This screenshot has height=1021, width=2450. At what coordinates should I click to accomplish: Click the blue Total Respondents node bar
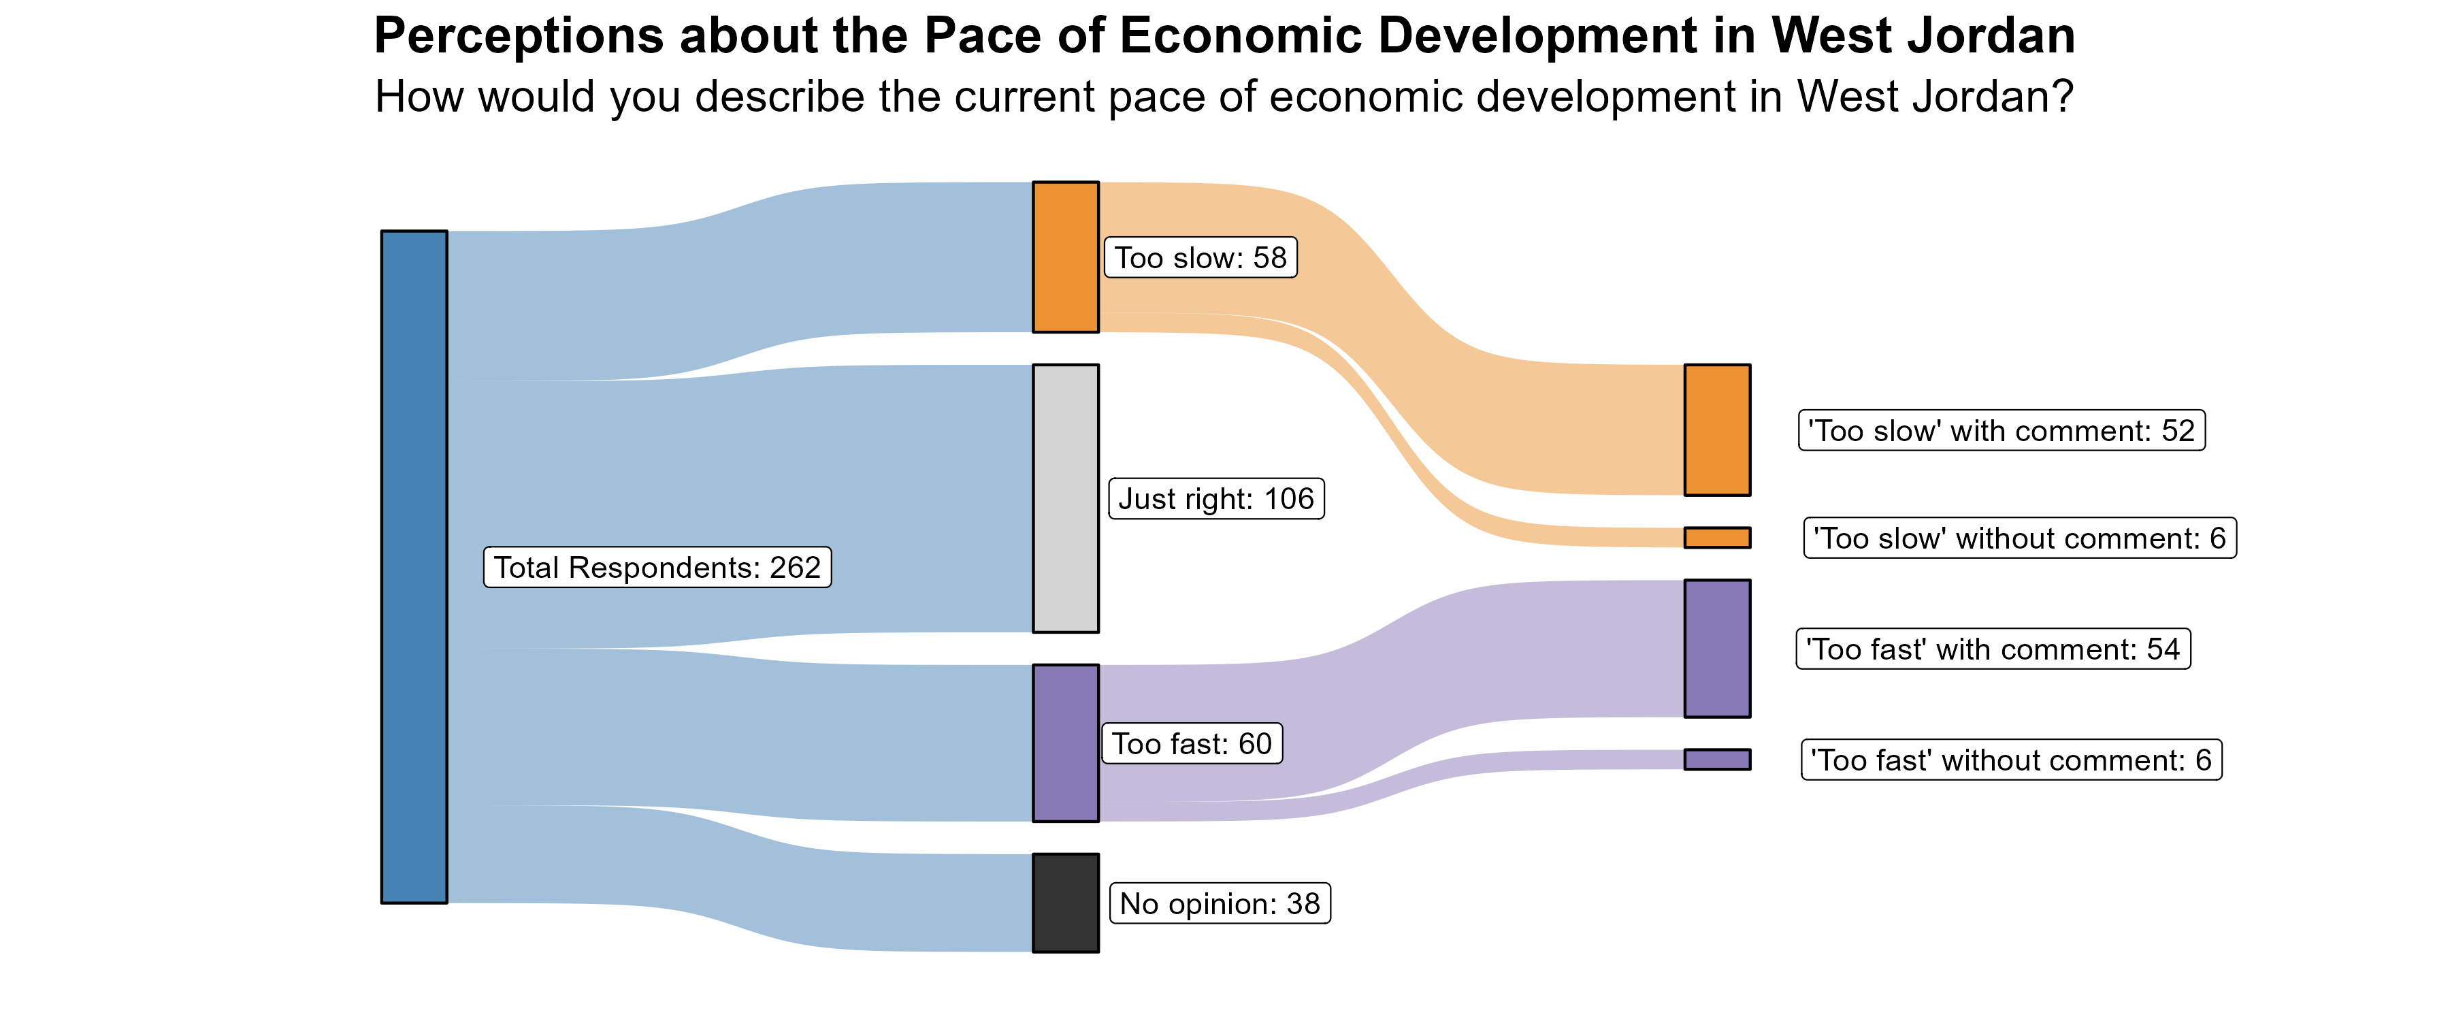pos(414,566)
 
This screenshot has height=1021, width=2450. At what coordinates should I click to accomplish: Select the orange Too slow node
pos(1065,257)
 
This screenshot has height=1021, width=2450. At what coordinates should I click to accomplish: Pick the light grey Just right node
pos(1065,498)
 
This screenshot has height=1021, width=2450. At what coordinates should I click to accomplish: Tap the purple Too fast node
pos(1065,742)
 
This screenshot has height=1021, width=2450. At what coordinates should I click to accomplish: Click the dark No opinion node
pos(1065,902)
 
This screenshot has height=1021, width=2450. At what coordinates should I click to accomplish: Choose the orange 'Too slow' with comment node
pos(1717,429)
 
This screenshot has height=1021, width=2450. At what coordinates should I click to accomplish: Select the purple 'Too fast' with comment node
pos(1717,648)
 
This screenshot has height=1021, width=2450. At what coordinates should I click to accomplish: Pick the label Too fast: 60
pos(1192,743)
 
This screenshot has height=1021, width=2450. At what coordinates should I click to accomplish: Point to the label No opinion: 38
pos(1220,903)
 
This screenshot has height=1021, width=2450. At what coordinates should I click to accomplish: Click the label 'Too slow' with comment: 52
pos(2001,430)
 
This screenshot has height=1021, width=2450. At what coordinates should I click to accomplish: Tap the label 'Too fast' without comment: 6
pos(2010,760)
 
